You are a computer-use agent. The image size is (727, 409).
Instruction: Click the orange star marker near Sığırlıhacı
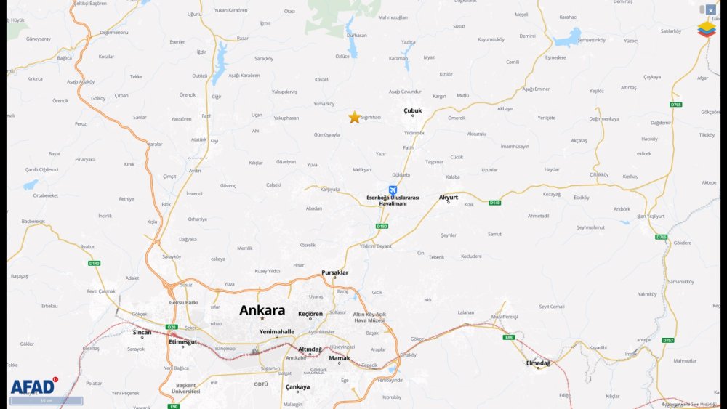point(354,117)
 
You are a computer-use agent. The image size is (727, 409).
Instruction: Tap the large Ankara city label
point(262,310)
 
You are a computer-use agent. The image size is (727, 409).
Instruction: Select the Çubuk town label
point(412,111)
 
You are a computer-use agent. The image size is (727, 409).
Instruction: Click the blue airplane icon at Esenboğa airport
point(393,190)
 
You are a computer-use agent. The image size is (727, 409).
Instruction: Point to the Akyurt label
point(449,197)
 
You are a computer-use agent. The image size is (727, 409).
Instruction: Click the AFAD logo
point(33,386)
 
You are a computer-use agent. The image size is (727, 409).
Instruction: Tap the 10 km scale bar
point(47,400)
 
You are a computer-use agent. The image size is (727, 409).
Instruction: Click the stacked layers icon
point(706,29)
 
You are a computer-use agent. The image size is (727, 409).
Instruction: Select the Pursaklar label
point(335,273)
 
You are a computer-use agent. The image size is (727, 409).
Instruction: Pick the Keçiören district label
point(310,314)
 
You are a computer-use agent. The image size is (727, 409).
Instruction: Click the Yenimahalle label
point(277,331)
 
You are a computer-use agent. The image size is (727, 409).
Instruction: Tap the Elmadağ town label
point(538,363)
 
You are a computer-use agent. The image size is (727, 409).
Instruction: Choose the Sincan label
point(142,332)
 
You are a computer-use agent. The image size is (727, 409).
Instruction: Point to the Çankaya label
point(297,386)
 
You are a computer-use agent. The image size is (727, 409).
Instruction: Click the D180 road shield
point(382,226)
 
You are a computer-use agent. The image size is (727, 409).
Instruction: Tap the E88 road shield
point(508,336)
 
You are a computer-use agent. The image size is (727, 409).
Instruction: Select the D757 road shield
point(668,339)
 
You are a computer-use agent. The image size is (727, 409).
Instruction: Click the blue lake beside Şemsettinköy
point(569,37)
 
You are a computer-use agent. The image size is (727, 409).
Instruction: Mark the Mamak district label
point(339,358)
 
